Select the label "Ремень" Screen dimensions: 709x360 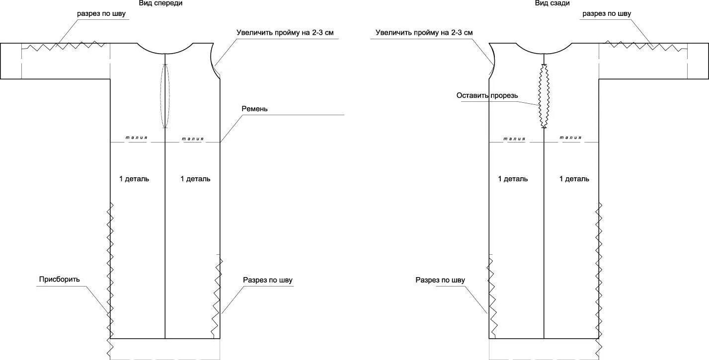[x=254, y=109]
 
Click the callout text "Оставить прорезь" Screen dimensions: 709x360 [x=487, y=95]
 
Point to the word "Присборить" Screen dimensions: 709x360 [x=60, y=280]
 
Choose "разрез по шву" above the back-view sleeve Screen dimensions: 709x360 [x=607, y=14]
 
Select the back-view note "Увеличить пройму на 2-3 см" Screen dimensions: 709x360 [x=424, y=33]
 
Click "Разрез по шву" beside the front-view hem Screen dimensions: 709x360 [x=268, y=280]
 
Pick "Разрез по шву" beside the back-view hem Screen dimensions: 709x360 [x=440, y=280]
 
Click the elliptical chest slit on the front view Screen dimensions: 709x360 [x=165, y=96]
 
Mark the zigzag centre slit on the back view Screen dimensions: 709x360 [x=544, y=96]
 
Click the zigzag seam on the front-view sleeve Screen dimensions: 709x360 [x=65, y=46]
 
